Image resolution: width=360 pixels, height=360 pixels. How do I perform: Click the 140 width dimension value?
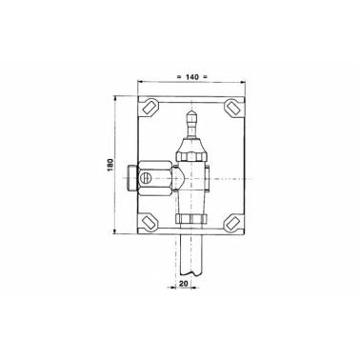(192, 77)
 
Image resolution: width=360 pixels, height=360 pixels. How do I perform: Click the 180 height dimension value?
(110, 165)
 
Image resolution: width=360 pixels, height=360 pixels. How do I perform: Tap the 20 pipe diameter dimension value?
(184, 284)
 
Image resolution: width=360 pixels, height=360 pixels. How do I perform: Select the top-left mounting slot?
(150, 108)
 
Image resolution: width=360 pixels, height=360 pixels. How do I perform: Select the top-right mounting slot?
(232, 108)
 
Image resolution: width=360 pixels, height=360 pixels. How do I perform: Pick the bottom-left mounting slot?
(149, 222)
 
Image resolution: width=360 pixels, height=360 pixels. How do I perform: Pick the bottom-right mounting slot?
(232, 222)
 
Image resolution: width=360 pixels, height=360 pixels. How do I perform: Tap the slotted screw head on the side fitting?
(146, 178)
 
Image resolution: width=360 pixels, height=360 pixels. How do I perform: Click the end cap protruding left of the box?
(132, 178)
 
